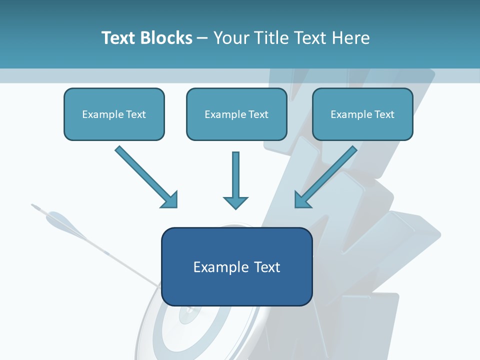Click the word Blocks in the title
click(167, 38)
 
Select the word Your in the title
click(230, 38)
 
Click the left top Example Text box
click(114, 114)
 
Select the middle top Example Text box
click(236, 114)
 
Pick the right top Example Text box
click(362, 114)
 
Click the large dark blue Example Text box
click(236, 267)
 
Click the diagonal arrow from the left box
click(142, 173)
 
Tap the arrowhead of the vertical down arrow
click(235, 202)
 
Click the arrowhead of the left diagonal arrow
click(170, 200)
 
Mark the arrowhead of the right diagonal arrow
click(302, 200)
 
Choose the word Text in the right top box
click(384, 114)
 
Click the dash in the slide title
click(202, 38)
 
